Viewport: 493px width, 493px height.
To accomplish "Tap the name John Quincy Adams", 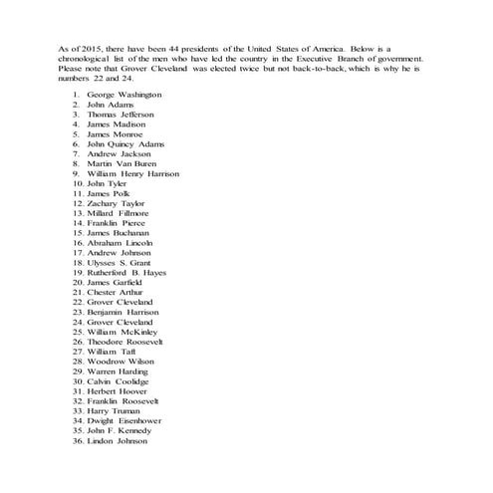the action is pos(125,143).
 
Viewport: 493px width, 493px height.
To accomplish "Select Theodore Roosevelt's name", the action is pos(124,342).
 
